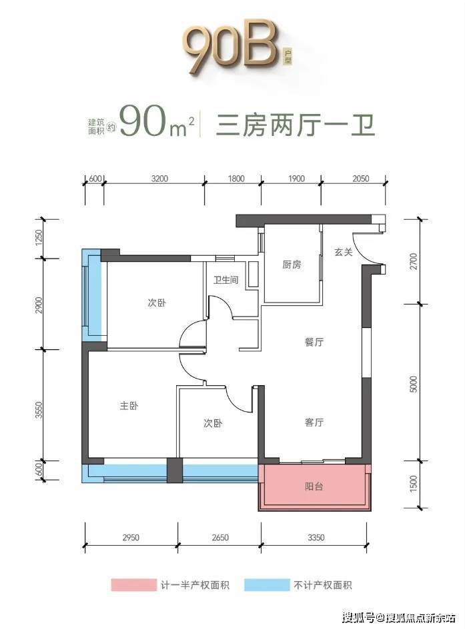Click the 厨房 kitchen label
(x=292, y=265)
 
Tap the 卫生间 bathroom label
(x=225, y=280)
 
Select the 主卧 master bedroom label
(x=129, y=406)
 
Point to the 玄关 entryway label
(x=344, y=252)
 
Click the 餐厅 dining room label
(x=314, y=342)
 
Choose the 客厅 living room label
(x=314, y=422)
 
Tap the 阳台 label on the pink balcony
(x=314, y=486)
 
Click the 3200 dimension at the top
(x=159, y=179)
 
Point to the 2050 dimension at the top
(x=361, y=179)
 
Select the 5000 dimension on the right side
(x=414, y=384)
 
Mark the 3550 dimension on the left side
(x=39, y=410)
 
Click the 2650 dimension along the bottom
(x=220, y=537)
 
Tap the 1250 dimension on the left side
(x=39, y=239)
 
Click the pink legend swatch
(x=133, y=585)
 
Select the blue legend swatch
(x=267, y=585)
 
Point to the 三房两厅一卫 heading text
(x=296, y=125)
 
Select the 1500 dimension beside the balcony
(x=414, y=484)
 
